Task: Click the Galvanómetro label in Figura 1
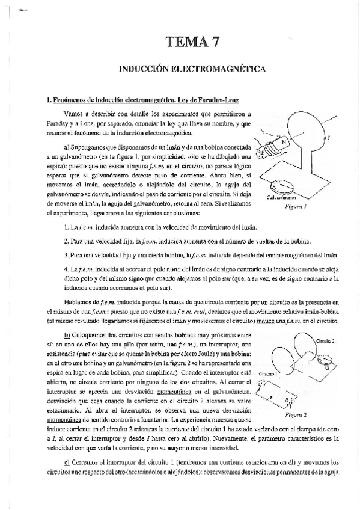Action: [282, 197]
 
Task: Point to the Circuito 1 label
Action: [267, 373]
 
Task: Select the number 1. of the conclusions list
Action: [65, 227]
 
